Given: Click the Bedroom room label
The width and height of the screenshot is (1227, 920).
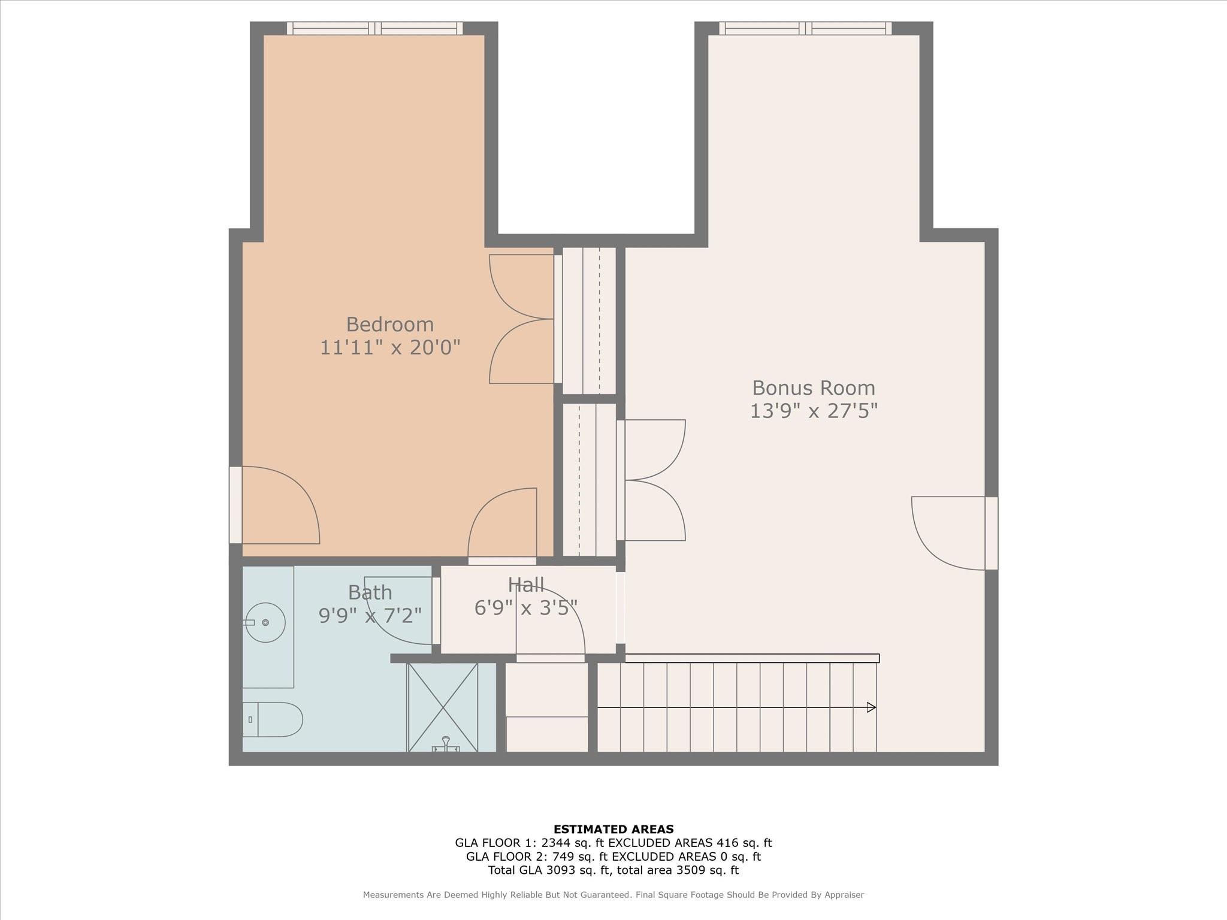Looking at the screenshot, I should click(389, 324).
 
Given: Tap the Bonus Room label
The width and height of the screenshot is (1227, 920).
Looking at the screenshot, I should click(814, 388).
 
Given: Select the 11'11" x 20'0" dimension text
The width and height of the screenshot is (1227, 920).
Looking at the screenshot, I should click(389, 347).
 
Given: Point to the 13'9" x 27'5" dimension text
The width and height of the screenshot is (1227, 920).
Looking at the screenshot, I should click(814, 411).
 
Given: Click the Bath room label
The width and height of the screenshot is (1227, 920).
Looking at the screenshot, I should click(370, 592).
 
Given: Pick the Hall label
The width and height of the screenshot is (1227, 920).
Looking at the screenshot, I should click(525, 585).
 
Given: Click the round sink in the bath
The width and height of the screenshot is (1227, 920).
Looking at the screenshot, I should click(265, 623).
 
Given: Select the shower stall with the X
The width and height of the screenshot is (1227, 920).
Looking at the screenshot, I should click(443, 707).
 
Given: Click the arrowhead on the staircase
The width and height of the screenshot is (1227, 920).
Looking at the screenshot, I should click(871, 707).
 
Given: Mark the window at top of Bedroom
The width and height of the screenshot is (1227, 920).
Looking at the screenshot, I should click(374, 28).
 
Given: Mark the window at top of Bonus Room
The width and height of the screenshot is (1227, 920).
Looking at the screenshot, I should click(805, 28).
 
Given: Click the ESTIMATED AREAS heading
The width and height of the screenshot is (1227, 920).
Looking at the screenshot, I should click(613, 830).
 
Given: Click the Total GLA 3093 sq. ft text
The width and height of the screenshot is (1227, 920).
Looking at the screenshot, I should click(549, 870).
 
